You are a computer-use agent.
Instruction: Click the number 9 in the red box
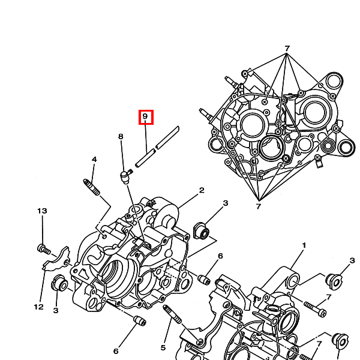coord(146,116)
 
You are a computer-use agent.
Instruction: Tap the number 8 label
coord(121,137)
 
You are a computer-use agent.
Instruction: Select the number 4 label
coord(94,159)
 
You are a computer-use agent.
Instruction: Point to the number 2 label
coord(202,190)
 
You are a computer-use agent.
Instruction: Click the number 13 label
coord(41,211)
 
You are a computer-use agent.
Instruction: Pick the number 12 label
coord(38,307)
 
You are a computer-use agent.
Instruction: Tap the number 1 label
coord(304,245)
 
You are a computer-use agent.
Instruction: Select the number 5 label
coord(163,347)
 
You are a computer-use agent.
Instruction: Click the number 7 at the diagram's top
coord(287,48)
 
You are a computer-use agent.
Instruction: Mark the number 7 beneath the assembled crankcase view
coord(259,207)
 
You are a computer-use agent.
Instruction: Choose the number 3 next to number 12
coord(55,310)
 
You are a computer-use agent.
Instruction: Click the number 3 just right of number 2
coord(226,203)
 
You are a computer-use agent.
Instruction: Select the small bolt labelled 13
coord(43,248)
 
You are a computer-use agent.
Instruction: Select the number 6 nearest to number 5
coord(116,351)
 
